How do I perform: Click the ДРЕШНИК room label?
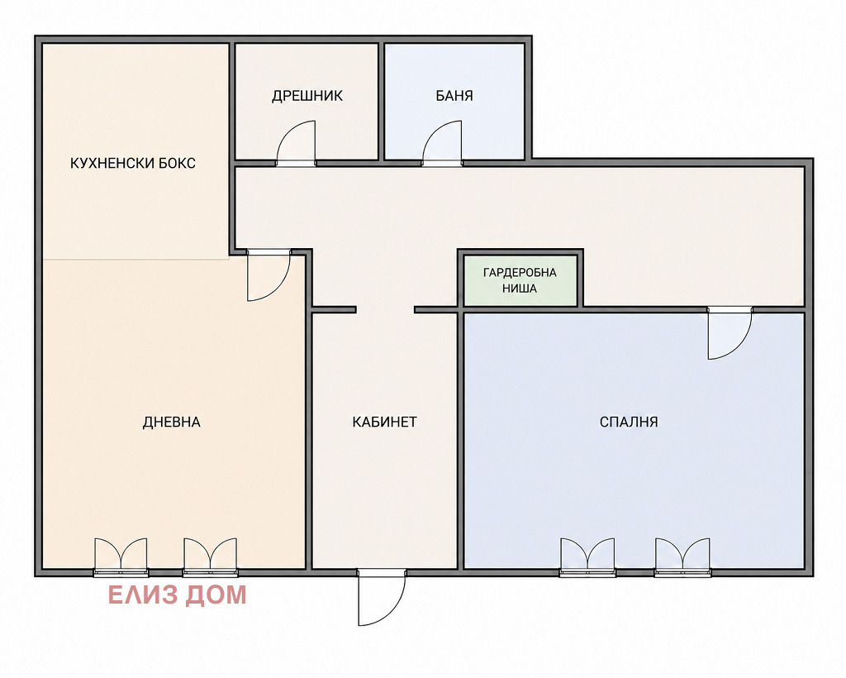(x=307, y=96)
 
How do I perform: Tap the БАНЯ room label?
(x=454, y=96)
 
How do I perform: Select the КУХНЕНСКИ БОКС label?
(x=133, y=163)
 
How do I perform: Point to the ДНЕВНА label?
(x=172, y=423)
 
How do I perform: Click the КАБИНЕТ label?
(x=385, y=423)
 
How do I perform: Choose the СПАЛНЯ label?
(x=629, y=423)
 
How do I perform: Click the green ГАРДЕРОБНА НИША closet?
(x=520, y=280)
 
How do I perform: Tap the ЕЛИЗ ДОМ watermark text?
(x=178, y=594)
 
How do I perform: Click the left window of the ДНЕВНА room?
(x=121, y=557)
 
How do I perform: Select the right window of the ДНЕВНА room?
(x=210, y=557)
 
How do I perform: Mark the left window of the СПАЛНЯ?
(x=587, y=557)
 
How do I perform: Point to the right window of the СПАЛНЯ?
(x=682, y=557)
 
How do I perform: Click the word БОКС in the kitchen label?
(x=177, y=163)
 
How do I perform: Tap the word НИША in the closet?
(x=520, y=289)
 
